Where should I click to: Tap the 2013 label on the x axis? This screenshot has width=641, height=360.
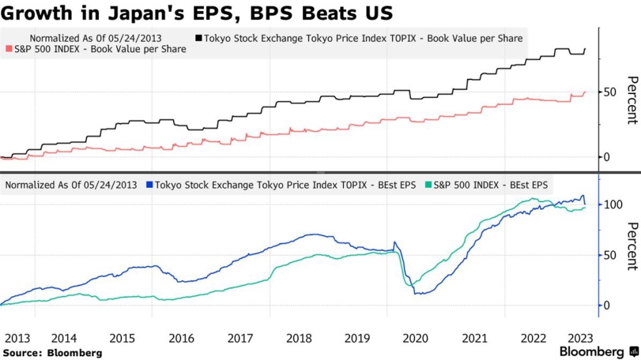pos(18,338)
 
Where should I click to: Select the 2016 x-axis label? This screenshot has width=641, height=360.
pos(181,338)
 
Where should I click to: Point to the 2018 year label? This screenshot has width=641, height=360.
pos(299,338)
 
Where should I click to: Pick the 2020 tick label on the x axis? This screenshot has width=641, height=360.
pos(416,338)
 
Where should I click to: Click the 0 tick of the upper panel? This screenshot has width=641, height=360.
pos(606,157)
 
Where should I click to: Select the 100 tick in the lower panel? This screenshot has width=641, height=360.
pos(613,205)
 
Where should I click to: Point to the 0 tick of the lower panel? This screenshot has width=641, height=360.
pos(606,306)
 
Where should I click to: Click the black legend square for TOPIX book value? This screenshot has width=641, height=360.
pos(199,38)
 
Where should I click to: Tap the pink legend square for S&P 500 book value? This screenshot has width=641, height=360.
pos(8,49)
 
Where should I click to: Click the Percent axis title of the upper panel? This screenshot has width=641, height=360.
pos(631,100)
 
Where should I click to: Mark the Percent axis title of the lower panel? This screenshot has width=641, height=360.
pos(631,246)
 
